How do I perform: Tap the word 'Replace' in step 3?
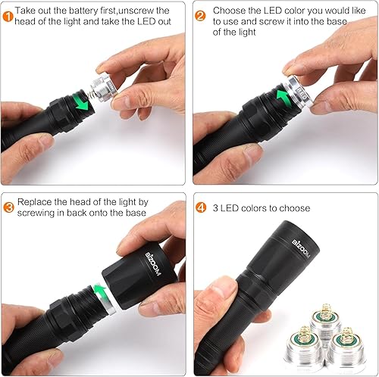click(34, 202)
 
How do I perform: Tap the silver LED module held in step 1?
click(103, 89)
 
